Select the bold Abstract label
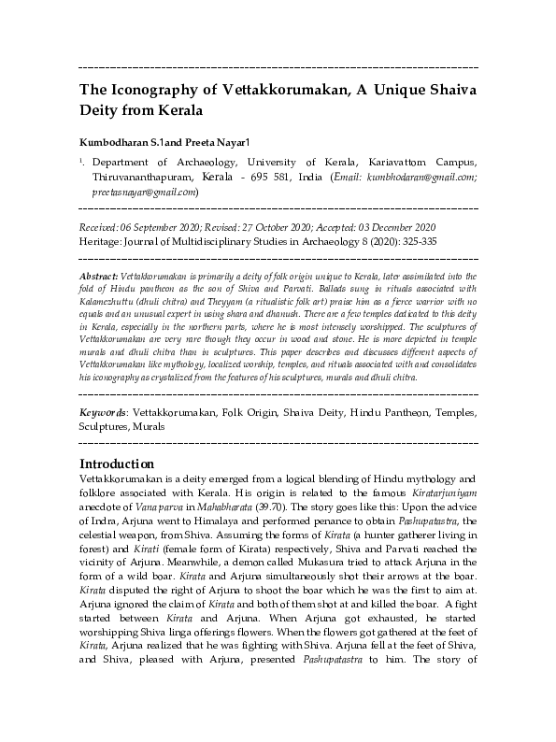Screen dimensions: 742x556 98,277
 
